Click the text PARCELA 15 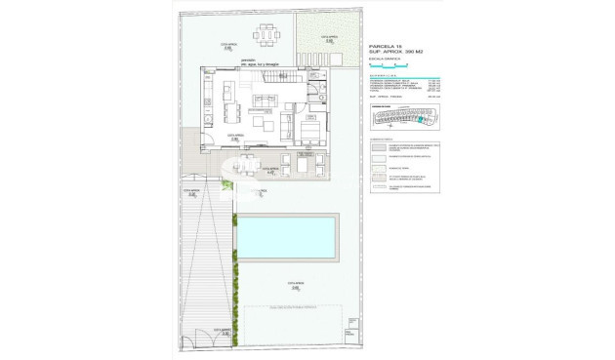[x=386, y=46]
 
